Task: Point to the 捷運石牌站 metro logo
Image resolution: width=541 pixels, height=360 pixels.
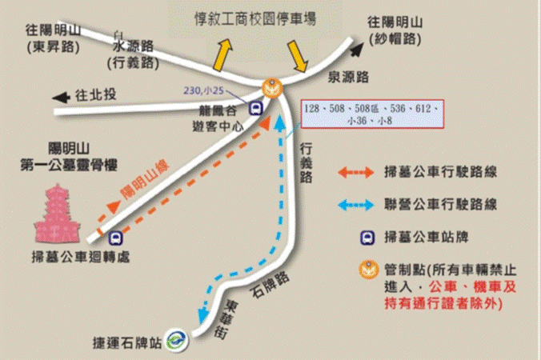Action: click(x=176, y=338)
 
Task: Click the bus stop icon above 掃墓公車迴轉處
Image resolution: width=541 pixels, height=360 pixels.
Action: click(x=117, y=238)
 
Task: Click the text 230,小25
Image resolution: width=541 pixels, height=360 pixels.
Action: click(x=204, y=90)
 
